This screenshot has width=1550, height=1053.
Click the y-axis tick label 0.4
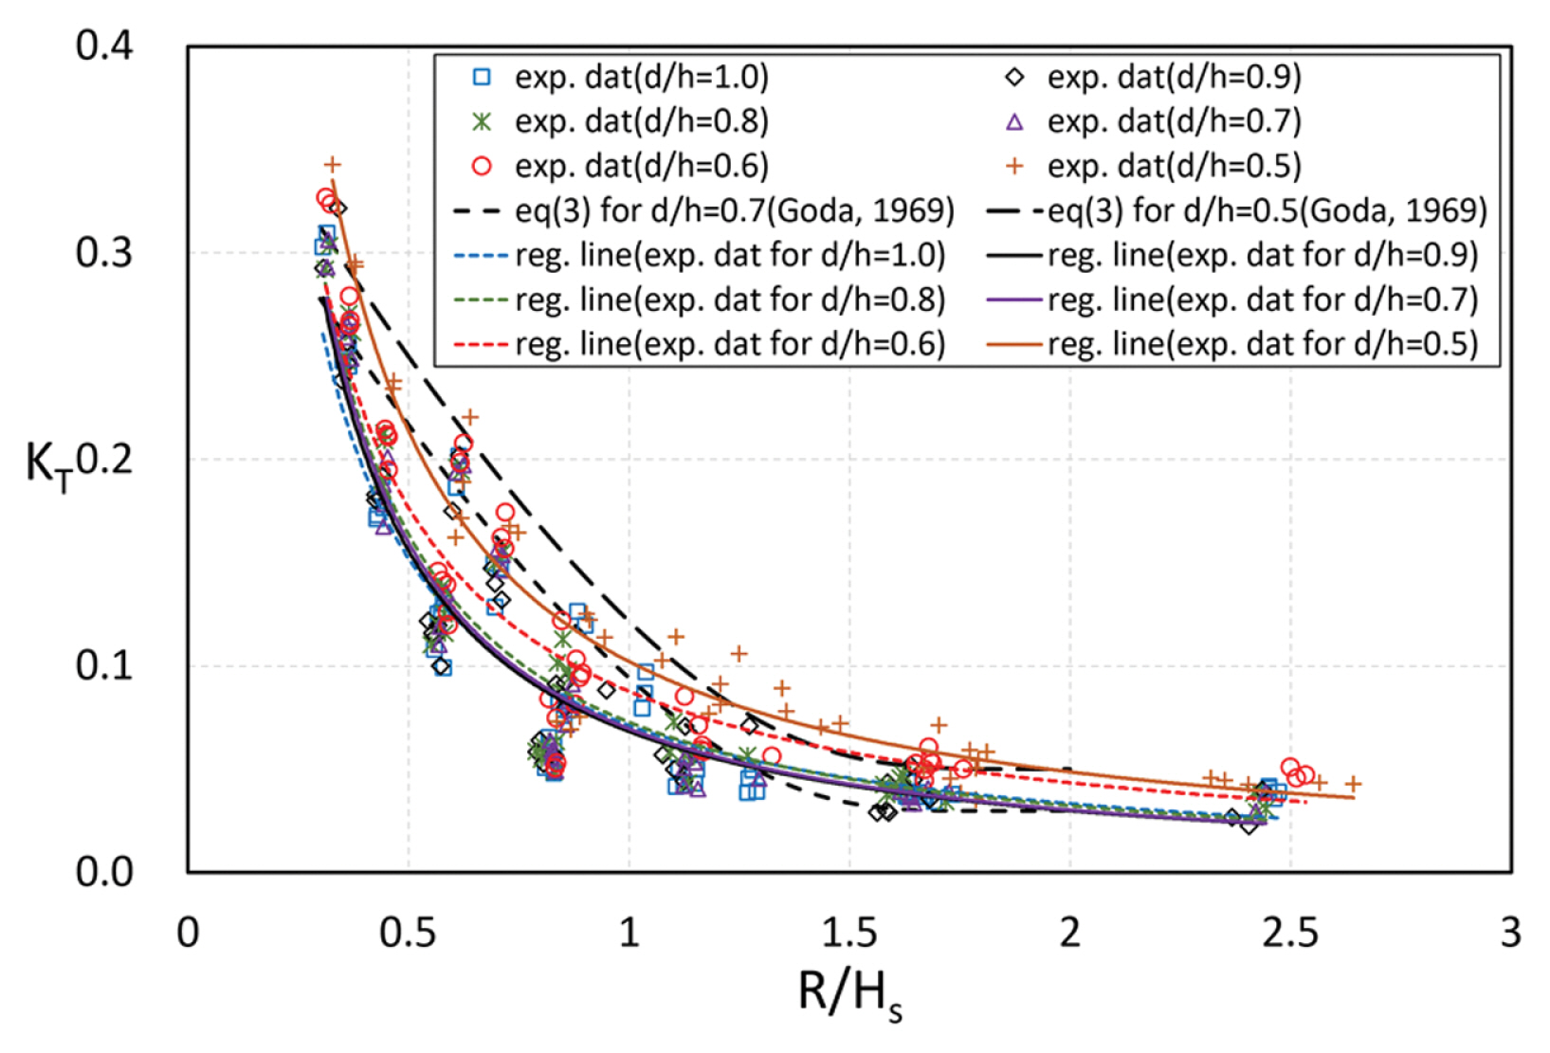pyautogui.click(x=104, y=45)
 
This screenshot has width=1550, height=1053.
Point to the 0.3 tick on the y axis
pyautogui.click(x=104, y=252)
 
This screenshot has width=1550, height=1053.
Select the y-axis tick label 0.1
pyautogui.click(x=104, y=665)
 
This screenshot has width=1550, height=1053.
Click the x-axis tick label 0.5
pyautogui.click(x=408, y=933)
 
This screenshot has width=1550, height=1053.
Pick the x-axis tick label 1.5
pyautogui.click(x=848, y=933)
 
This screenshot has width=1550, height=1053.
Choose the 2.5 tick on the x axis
pyautogui.click(x=1289, y=933)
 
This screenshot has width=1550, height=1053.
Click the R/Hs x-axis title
pyautogui.click(x=849, y=995)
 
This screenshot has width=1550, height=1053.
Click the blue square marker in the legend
pyautogui.click(x=483, y=77)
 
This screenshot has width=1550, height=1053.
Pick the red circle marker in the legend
pyautogui.click(x=483, y=166)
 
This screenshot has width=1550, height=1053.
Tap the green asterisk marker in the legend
pyautogui.click(x=483, y=121)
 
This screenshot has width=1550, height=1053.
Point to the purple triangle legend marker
pyautogui.click(x=1014, y=121)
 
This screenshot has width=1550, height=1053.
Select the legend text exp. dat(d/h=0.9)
pyautogui.click(x=1174, y=77)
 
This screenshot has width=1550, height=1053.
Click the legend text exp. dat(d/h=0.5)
pyautogui.click(x=1174, y=166)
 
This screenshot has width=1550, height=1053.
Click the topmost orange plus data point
pyautogui.click(x=332, y=165)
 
